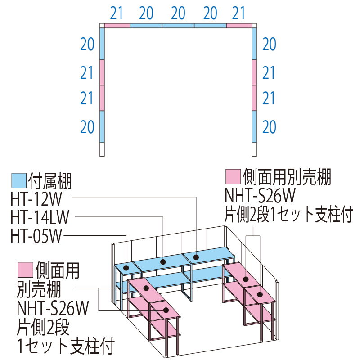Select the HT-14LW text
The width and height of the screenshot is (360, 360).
40,218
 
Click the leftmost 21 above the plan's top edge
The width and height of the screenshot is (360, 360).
117,13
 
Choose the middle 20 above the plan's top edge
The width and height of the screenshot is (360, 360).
178,13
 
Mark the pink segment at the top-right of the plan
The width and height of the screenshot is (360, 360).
240,26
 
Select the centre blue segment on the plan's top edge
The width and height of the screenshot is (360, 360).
178,26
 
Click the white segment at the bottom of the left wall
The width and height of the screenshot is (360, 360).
102,149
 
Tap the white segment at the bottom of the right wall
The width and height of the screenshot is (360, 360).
254,149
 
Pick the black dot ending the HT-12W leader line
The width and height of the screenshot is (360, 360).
196,257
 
